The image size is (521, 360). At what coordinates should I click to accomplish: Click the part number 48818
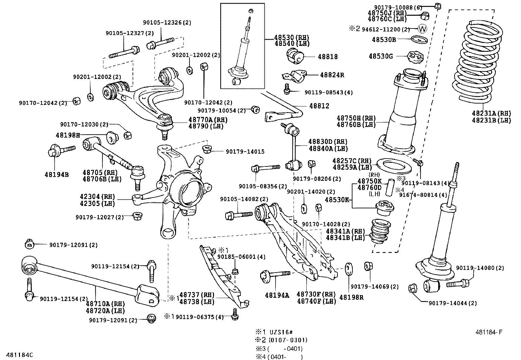coord(328,57)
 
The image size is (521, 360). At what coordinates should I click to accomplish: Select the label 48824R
coord(332,75)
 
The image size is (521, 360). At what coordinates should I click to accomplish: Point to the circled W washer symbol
coord(423,29)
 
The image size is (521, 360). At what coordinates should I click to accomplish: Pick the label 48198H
coord(67,135)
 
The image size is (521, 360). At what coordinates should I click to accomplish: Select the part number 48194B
coord(57,175)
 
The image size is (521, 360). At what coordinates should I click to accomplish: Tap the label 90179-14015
coord(245,152)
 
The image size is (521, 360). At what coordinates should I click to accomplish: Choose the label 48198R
coord(351,297)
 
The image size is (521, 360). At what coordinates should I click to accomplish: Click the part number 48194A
coord(277,295)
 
